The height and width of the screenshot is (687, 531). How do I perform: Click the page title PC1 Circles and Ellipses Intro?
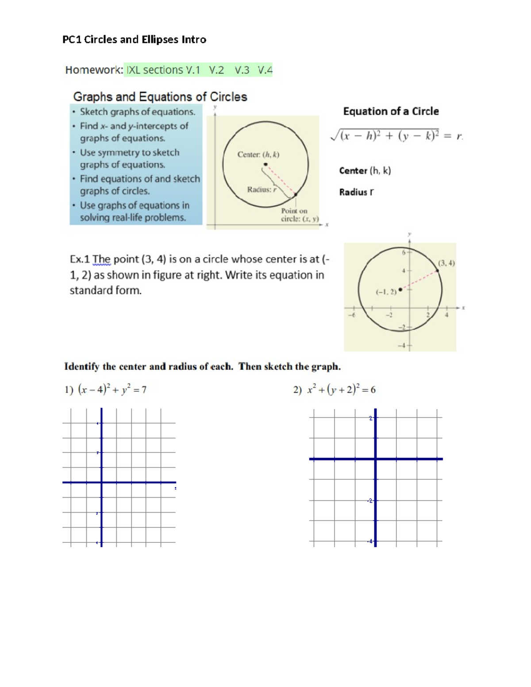[134, 39]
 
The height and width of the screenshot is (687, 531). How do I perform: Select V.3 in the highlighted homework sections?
[242, 70]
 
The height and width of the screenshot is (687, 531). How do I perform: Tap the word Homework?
[93, 70]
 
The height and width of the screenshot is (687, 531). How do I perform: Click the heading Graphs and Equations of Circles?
[160, 96]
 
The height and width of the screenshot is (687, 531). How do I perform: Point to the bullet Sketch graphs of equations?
[137, 112]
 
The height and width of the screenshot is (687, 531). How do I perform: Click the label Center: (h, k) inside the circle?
[258, 154]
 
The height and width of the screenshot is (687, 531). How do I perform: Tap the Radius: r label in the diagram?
[262, 189]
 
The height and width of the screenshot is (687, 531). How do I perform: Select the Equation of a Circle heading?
[391, 111]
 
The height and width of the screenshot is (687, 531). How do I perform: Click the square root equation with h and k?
[396, 136]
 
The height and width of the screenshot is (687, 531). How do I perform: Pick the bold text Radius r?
[356, 192]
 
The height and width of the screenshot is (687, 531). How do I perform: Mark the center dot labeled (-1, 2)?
[400, 289]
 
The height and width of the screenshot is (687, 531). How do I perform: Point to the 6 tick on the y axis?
[404, 253]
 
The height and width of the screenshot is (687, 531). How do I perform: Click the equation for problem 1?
[112, 389]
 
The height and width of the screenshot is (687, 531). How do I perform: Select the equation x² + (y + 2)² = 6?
[341, 389]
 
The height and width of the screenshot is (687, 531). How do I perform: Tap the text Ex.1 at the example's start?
[80, 259]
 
